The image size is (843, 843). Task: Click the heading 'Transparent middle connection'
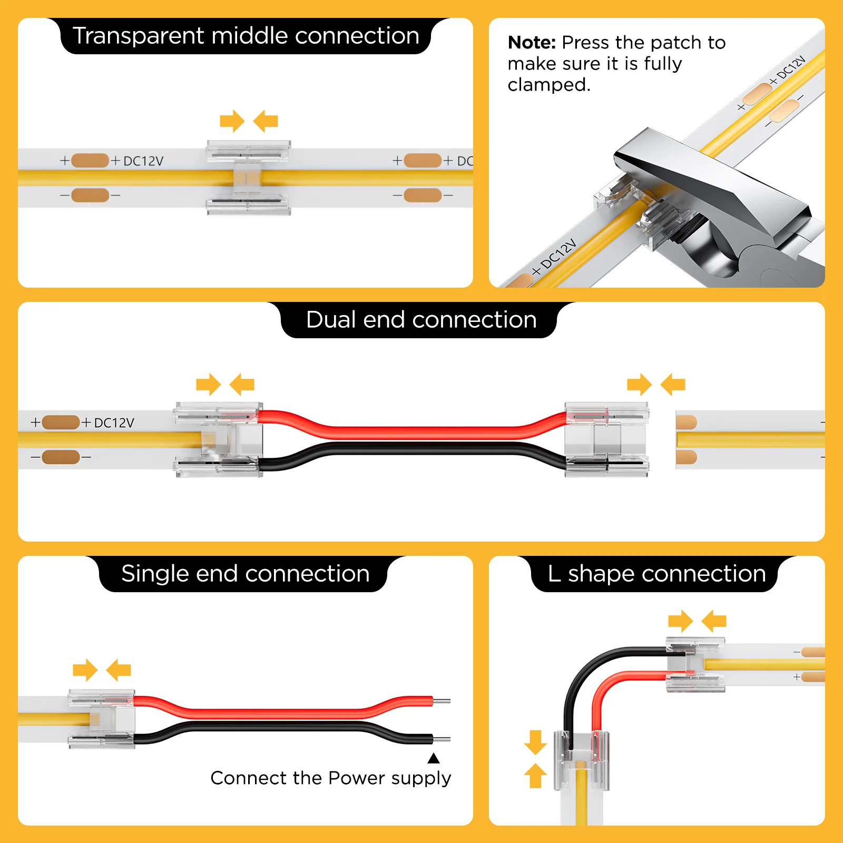246,36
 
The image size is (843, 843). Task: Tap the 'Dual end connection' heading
421,320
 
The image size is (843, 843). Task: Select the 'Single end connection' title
245,574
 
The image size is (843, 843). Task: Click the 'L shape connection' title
656,574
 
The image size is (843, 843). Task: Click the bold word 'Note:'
532,43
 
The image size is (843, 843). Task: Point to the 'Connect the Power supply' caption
330,778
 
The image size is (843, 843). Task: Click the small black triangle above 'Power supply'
433,759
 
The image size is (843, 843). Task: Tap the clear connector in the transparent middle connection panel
248,178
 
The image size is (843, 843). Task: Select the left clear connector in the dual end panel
218,440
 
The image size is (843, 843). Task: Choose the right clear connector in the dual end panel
606,440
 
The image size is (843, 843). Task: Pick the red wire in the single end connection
285,713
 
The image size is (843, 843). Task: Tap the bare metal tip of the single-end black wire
442,740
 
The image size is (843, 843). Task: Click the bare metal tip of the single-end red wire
442,701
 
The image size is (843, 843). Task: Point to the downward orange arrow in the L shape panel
535,742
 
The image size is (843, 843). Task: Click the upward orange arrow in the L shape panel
535,776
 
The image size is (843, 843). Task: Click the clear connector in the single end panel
102,719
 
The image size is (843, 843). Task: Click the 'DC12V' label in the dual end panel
114,423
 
